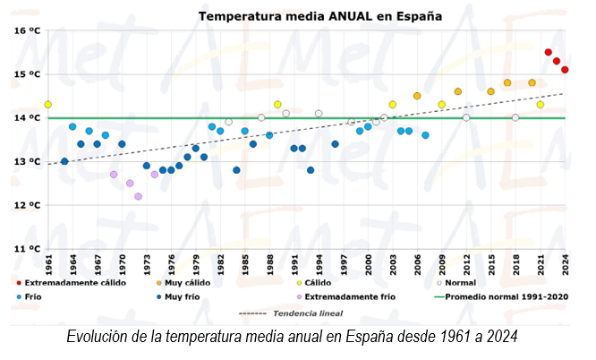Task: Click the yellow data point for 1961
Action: (48, 105)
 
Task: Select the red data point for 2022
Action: (549, 52)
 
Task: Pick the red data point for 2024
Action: (566, 70)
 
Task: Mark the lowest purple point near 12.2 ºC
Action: (138, 196)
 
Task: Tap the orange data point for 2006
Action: (417, 96)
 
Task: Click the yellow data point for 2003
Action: (392, 105)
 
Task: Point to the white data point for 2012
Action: (466, 117)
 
